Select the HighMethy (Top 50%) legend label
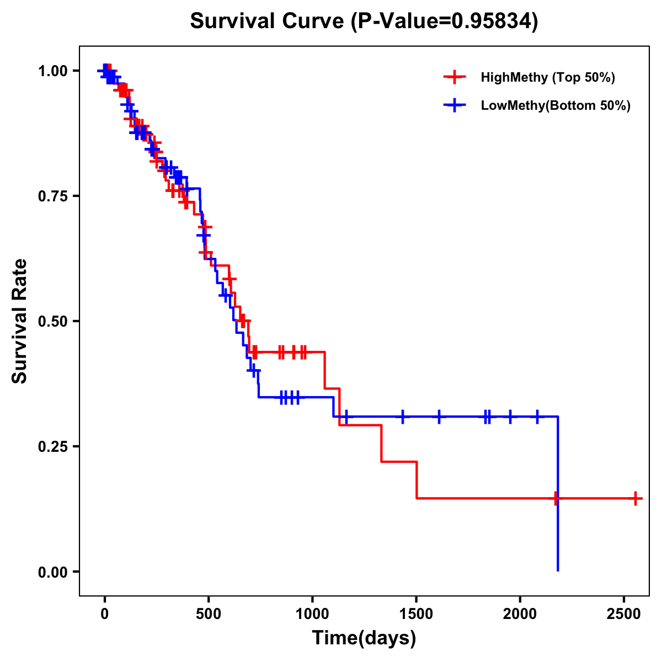(548, 77)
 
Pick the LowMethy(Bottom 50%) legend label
(556, 105)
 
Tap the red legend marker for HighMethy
(455, 77)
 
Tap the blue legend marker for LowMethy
(455, 105)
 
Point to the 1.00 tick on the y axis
(52, 71)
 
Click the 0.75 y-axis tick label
(52, 196)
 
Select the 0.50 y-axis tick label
(52, 321)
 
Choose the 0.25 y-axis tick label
(52, 446)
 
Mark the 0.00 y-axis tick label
(52, 572)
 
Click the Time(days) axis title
(364, 638)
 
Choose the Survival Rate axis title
(20, 321)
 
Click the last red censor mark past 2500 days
(636, 498)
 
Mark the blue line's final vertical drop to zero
(558, 530)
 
